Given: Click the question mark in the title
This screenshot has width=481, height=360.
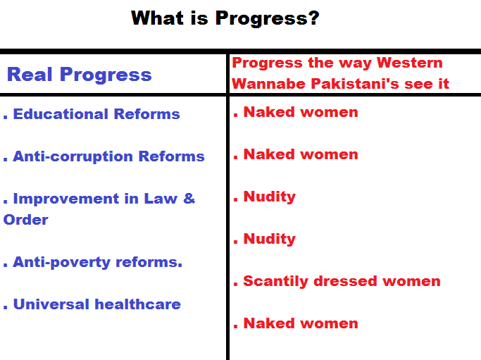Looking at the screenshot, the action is [313, 18].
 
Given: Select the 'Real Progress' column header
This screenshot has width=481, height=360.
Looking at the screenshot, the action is [79, 74].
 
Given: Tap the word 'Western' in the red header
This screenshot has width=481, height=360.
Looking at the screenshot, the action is [410, 63].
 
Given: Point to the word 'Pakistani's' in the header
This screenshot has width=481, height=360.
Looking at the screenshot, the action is [355, 83].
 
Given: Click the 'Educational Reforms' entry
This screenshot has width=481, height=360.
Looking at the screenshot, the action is [96, 114].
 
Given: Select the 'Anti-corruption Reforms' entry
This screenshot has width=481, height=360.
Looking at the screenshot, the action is [108, 156].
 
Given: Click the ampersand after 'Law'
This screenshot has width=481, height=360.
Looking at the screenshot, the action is [189, 198].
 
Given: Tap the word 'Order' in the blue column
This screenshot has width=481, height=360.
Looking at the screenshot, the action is [26, 220].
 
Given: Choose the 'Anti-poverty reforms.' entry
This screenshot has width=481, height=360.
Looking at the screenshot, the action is [98, 262].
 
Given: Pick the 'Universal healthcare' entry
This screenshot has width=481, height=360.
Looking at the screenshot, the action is [97, 304].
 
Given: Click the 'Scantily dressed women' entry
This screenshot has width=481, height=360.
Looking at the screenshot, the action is [342, 281].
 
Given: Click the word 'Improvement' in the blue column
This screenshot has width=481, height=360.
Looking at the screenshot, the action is [66, 199].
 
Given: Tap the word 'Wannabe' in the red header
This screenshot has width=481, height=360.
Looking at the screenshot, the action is [268, 83].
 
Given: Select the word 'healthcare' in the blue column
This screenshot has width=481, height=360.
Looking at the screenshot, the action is [138, 304].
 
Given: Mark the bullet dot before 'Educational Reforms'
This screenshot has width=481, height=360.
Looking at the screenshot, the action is [5, 117].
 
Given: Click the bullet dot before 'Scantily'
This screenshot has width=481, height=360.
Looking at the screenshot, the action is [235, 284].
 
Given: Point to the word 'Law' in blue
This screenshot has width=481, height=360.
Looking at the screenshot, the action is [161, 199].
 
